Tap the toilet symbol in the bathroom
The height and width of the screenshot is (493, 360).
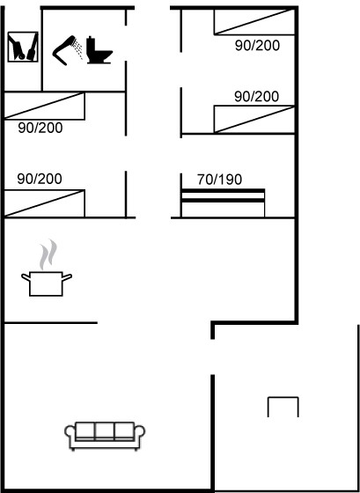tap(99, 50)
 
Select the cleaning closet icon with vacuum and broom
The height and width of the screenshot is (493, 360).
tap(23, 47)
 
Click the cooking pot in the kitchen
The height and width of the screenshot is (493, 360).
tap(47, 283)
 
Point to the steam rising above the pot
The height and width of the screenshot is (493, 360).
tap(48, 254)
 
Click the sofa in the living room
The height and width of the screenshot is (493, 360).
tap(105, 436)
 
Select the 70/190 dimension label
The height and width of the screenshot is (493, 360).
tap(219, 180)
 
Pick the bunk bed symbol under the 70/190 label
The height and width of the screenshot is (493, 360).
tap(223, 202)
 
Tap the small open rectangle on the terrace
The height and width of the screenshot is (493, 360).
tap(283, 398)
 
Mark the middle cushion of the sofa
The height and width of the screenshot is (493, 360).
tap(105, 430)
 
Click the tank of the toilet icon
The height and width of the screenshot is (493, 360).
tap(91, 46)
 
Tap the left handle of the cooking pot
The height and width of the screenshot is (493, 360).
tap(26, 277)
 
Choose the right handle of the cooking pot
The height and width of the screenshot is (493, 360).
tap(67, 277)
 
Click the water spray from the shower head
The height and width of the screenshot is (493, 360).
tap(78, 48)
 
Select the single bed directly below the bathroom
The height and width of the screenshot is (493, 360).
tap(44, 106)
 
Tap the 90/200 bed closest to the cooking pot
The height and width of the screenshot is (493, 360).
tap(44, 203)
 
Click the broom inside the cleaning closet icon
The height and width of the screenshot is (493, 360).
tap(33, 48)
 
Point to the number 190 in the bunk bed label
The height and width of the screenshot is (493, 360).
tap(231, 180)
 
